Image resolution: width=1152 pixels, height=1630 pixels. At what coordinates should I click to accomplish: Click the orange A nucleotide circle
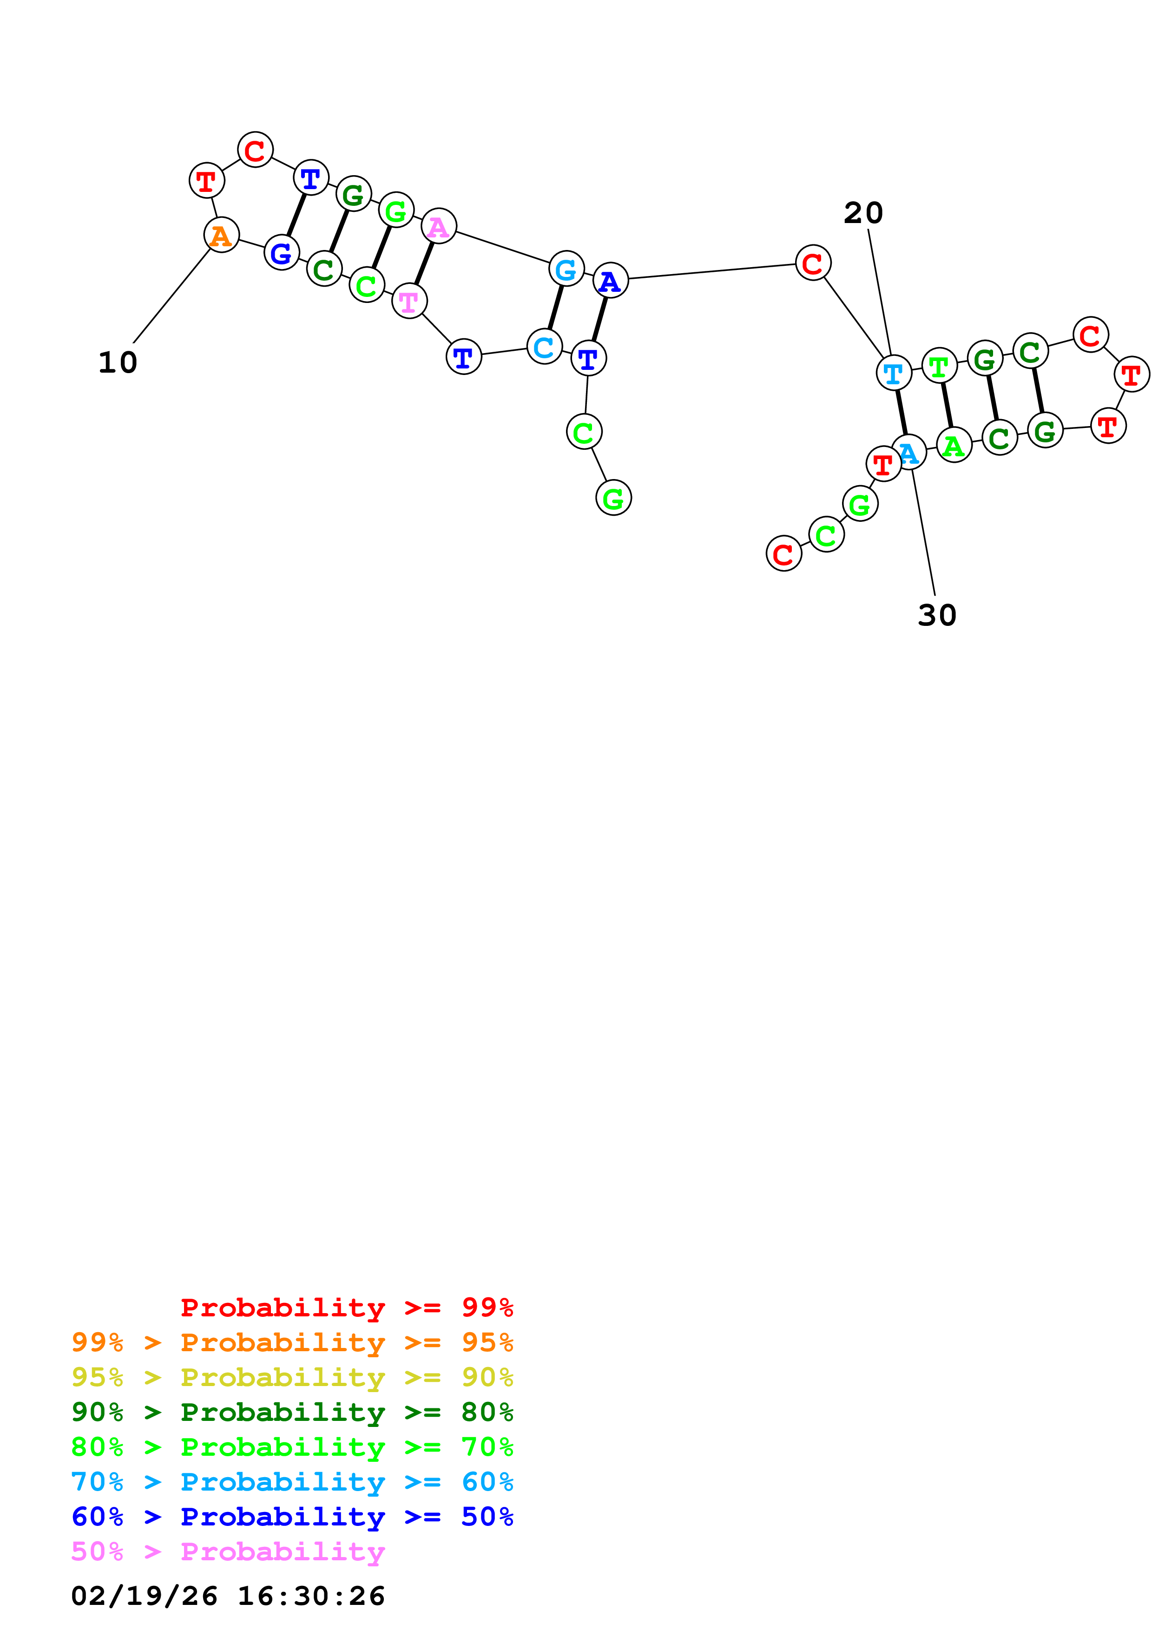(x=222, y=235)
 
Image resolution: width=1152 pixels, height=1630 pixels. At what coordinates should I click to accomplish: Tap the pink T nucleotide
(x=409, y=301)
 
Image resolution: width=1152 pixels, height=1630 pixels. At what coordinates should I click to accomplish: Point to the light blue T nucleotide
(x=894, y=373)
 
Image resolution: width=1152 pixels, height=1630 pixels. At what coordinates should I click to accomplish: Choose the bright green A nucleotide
(x=954, y=445)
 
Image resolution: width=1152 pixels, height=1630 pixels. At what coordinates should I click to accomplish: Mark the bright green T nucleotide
(x=939, y=366)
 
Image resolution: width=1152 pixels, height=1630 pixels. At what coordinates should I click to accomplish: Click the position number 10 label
(x=118, y=363)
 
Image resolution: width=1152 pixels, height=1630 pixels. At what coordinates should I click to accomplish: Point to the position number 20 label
(x=863, y=213)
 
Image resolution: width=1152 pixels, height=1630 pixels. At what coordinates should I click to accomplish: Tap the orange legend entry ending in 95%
(x=292, y=1342)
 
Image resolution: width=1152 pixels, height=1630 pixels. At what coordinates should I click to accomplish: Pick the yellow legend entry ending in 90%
(x=292, y=1377)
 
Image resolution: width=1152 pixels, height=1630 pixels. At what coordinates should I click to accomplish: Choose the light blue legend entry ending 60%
(x=292, y=1482)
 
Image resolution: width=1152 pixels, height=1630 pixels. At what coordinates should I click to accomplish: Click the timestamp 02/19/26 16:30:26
(x=228, y=1595)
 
